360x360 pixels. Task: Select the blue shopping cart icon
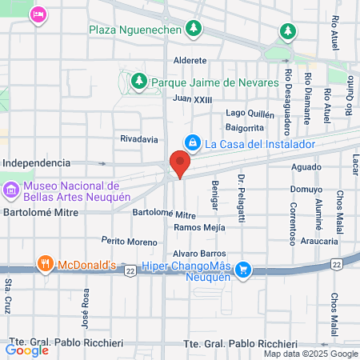coord(244,270)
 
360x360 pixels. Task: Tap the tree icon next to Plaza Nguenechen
coord(194,30)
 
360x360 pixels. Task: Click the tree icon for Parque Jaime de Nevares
coord(138,82)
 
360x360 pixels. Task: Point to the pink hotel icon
coord(37,14)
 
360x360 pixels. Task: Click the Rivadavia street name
coord(138,138)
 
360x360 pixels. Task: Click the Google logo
coord(26,349)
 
